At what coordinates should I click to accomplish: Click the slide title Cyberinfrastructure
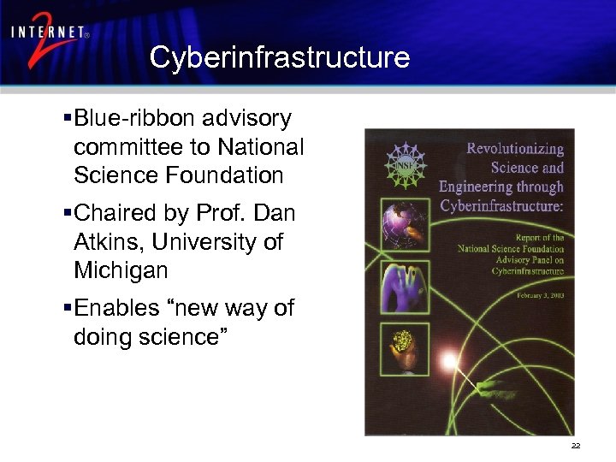(279, 57)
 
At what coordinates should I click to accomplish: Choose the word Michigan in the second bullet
(121, 271)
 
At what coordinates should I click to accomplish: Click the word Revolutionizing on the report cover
(514, 149)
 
